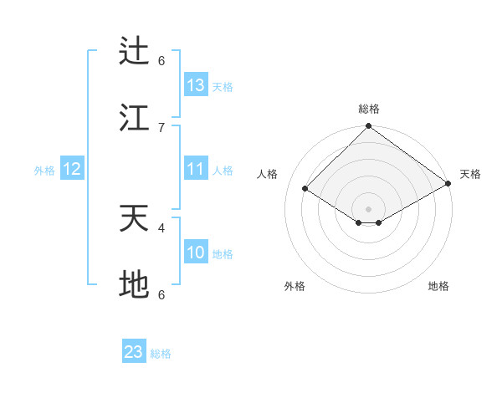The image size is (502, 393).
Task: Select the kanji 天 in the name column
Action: click(134, 219)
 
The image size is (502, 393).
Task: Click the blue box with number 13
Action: click(196, 85)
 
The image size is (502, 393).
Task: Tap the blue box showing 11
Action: click(196, 169)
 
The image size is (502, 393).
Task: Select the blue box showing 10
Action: click(196, 253)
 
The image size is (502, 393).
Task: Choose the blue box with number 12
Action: click(72, 169)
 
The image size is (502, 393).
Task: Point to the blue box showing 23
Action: click(134, 352)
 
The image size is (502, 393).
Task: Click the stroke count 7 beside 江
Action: click(161, 126)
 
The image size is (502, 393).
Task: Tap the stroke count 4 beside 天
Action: click(161, 227)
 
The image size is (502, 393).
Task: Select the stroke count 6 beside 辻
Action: click(161, 60)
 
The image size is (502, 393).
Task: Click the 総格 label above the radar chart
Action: click(369, 109)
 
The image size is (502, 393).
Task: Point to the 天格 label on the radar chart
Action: click(470, 174)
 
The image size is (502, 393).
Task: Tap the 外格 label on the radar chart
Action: click(295, 286)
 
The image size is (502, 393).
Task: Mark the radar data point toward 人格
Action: click(305, 189)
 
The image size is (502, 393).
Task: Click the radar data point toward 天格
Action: click(448, 183)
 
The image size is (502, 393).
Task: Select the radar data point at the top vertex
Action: click(368, 127)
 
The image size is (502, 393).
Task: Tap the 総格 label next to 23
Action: click(161, 354)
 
